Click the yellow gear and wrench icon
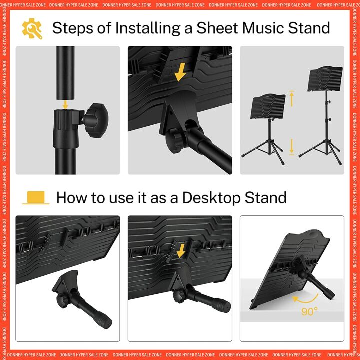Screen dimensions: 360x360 [32, 28]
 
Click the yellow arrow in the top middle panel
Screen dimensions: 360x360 [180, 73]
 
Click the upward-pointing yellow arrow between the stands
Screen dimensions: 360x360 [293, 98]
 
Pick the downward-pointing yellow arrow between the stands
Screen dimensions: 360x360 [293, 146]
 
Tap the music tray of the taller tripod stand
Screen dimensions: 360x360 [325, 79]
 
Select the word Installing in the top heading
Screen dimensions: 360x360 [149, 28]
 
